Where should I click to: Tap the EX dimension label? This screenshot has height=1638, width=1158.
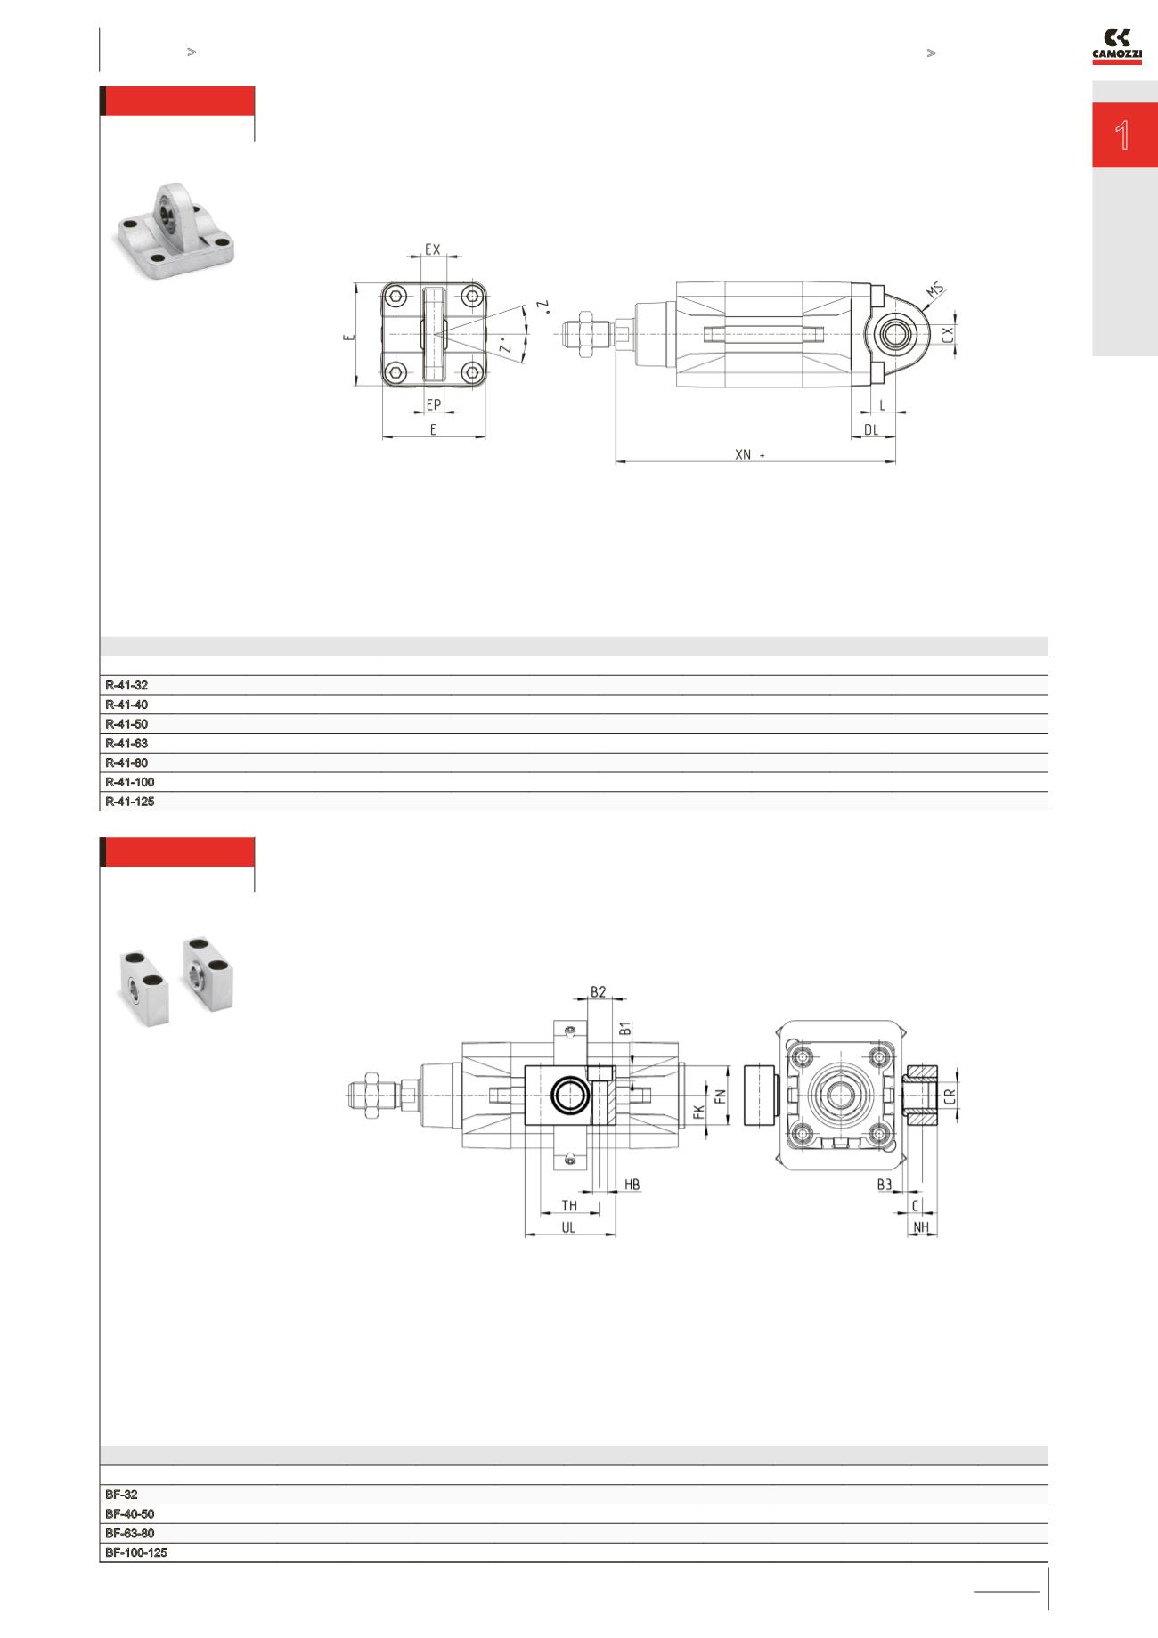tap(432, 249)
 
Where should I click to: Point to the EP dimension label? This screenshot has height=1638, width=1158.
tap(434, 404)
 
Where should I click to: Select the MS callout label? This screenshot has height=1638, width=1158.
tap(934, 290)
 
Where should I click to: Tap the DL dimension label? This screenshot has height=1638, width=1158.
tap(871, 429)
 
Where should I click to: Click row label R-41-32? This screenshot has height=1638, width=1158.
tap(126, 685)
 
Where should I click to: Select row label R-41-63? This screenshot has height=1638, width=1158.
tap(126, 743)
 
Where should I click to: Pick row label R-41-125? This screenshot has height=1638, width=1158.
tap(130, 801)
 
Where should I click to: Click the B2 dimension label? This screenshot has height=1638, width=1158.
tap(599, 991)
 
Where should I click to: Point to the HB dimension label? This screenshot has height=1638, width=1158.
tap(632, 1185)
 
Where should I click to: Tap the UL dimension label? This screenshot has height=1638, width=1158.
tap(568, 1226)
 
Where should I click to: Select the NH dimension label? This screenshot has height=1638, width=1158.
tap(922, 1227)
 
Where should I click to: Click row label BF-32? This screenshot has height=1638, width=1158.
tap(121, 1495)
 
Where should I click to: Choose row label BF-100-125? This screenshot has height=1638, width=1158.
tap(136, 1552)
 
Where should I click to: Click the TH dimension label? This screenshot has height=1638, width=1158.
tap(569, 1205)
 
